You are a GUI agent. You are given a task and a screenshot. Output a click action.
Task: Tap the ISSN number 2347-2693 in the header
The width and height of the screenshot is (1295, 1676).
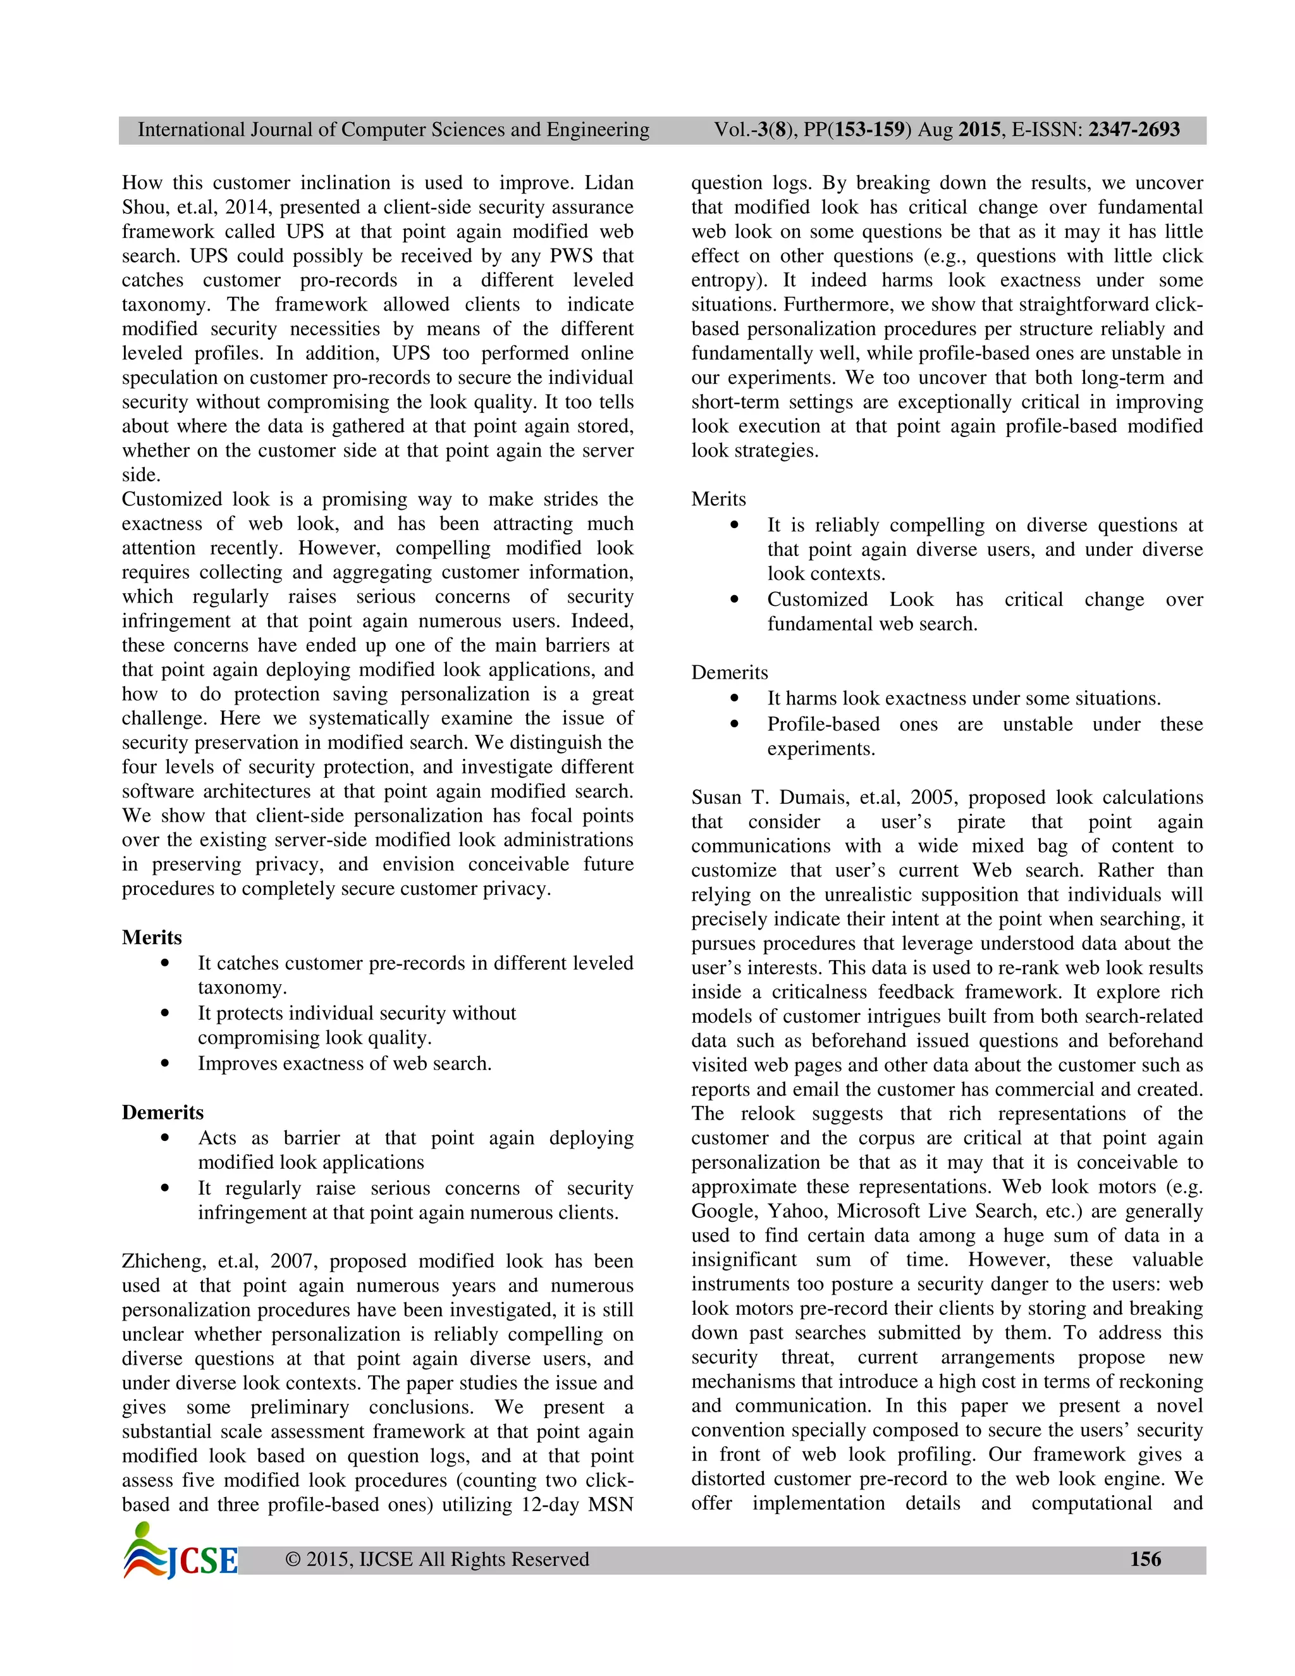click(x=1134, y=130)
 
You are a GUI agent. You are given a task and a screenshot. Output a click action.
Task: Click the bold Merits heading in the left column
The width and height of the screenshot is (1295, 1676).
click(x=152, y=937)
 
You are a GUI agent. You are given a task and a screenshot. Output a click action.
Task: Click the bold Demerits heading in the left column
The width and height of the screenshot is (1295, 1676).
click(x=163, y=1112)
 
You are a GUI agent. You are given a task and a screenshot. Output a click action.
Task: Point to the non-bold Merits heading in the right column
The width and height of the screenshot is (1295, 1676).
click(x=718, y=499)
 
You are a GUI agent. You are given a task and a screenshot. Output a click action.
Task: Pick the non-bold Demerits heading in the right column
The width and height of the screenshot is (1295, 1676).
click(x=729, y=672)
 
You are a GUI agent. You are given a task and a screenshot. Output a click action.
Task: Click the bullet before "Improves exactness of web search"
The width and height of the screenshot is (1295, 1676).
click(x=166, y=1064)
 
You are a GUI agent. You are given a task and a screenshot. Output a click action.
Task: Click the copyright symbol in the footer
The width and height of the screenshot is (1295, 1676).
click(x=292, y=1560)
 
